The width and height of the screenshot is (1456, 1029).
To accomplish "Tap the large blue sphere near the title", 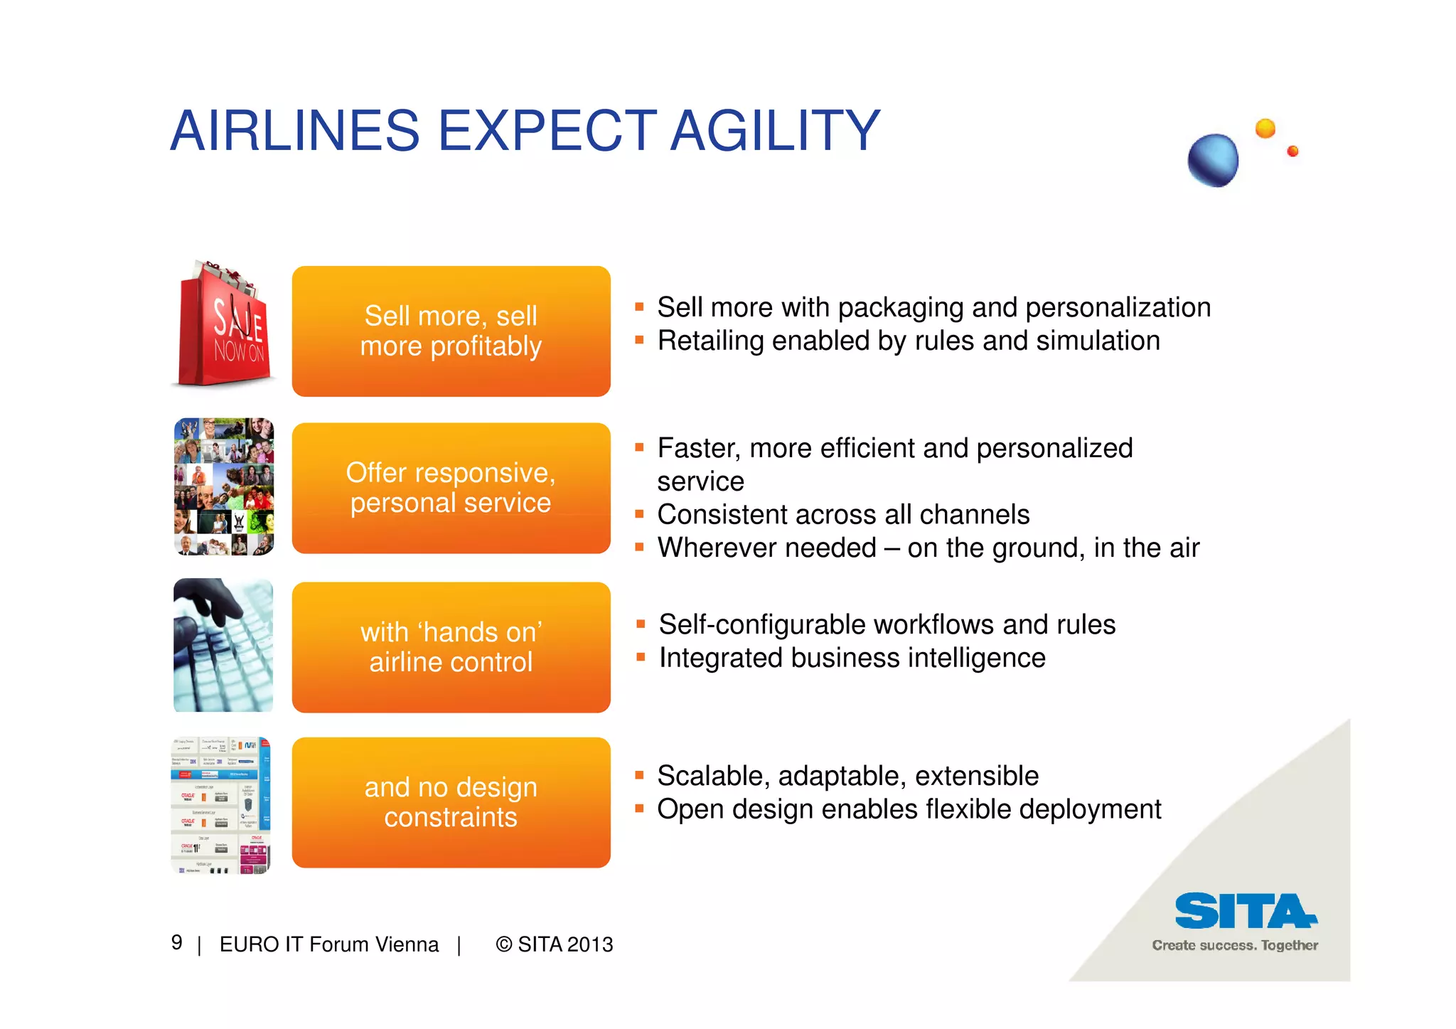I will [1213, 160].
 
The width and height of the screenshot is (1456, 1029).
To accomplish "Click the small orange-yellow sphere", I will [1265, 129].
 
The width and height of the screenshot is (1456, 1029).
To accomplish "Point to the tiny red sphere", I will [1292, 151].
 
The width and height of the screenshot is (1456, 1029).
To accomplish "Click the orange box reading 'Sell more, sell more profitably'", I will [451, 331].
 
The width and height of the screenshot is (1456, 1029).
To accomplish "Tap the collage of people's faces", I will [223, 487].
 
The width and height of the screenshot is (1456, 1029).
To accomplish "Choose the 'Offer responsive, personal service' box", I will [451, 488].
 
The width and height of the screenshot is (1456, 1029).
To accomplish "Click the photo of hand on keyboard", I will [223, 645].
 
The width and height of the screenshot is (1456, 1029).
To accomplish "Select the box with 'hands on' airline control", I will [451, 647].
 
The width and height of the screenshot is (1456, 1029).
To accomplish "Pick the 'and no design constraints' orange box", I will [451, 802].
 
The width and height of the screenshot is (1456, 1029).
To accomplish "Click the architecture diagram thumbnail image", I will [221, 805].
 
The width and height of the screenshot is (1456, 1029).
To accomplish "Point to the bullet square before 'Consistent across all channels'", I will [639, 514].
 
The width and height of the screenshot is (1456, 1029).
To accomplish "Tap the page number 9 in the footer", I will [177, 943].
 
